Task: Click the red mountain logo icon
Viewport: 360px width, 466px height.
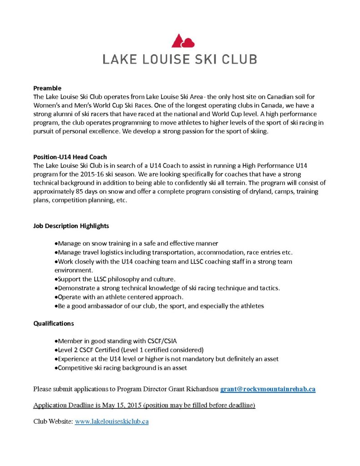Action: click(x=183, y=41)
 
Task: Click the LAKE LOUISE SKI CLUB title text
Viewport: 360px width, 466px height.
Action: click(x=180, y=59)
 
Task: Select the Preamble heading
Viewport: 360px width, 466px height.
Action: click(x=47, y=88)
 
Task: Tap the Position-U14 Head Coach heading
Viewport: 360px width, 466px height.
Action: click(x=70, y=157)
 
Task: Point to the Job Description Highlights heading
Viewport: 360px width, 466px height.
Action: click(x=71, y=226)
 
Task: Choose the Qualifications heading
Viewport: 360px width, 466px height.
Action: click(x=53, y=324)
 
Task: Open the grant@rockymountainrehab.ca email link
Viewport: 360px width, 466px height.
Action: click(x=268, y=389)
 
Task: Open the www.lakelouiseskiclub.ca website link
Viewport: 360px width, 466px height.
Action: click(x=112, y=421)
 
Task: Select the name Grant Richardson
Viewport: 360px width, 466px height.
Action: click(x=192, y=389)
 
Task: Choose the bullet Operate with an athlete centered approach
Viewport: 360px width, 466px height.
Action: click(x=118, y=297)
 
